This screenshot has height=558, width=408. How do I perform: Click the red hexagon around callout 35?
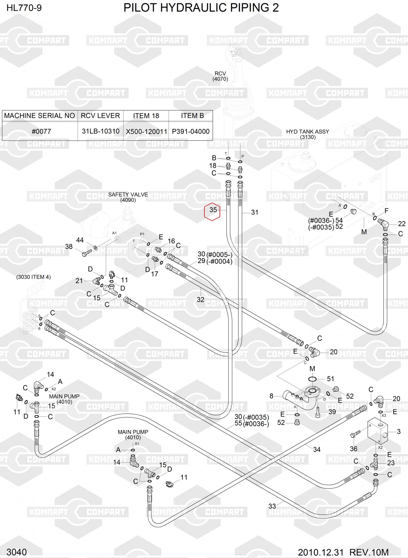pos(212,211)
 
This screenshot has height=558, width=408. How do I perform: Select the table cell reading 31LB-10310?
pos(100,131)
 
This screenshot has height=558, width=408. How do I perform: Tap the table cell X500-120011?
pos(146,131)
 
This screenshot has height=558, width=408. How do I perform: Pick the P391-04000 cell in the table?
pos(191,131)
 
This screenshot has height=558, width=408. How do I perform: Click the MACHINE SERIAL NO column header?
pos(40,116)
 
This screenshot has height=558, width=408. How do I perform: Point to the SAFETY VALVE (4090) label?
pos(128,197)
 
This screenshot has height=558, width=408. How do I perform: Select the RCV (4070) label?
pos(220,76)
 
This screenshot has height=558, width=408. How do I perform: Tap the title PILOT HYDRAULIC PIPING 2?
pos(201,8)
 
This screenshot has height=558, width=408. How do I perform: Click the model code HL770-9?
pos(24,8)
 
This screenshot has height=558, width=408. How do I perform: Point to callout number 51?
pos(330,379)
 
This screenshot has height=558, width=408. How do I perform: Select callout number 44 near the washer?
pos(80,240)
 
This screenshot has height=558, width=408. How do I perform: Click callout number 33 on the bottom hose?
pos(272,506)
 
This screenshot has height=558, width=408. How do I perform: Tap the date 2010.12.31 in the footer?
pos(321,552)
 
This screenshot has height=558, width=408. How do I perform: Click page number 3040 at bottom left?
pos(16,552)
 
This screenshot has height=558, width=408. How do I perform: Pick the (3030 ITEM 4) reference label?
pos(33,277)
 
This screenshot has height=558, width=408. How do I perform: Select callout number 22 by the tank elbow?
pos(402,224)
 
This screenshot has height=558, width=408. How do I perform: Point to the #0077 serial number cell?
pos(41,131)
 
